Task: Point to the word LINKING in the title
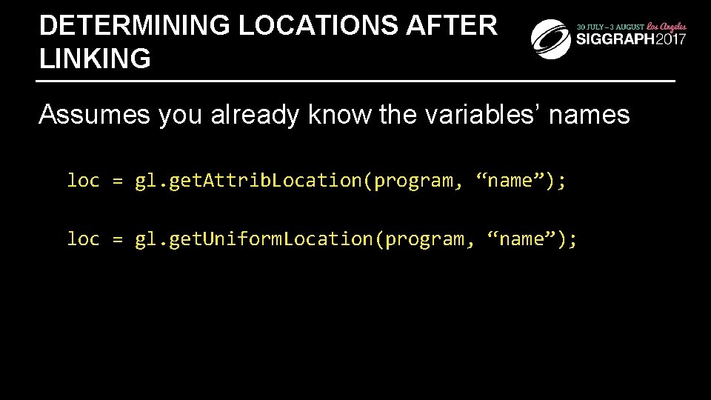pos(95,58)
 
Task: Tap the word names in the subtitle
pos(594,115)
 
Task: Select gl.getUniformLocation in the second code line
pos(253,239)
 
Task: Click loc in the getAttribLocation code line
pos(83,180)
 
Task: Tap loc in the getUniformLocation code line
pos(83,239)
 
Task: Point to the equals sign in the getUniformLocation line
pos(117,239)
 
